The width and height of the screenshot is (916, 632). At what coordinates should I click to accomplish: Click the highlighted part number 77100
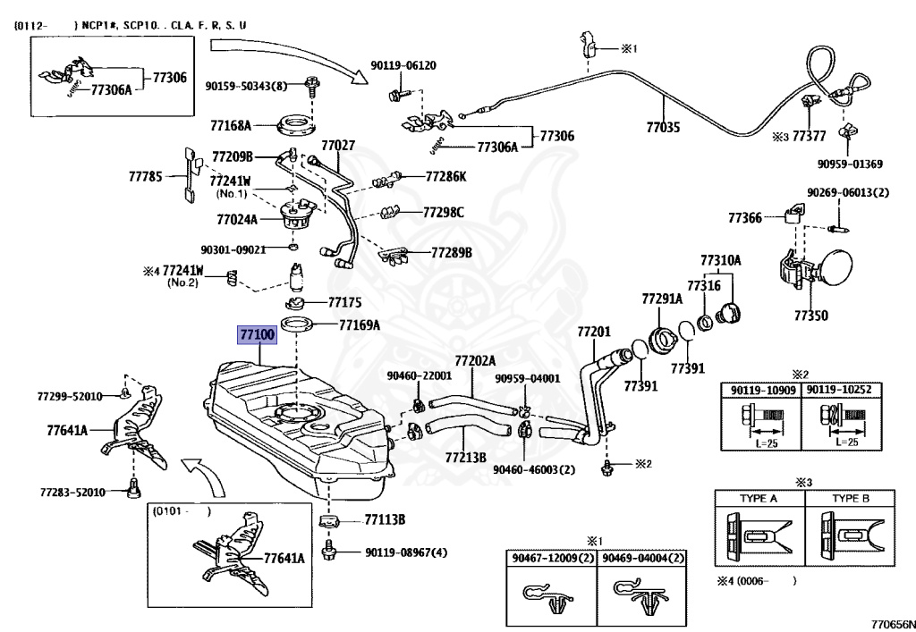[x=257, y=335]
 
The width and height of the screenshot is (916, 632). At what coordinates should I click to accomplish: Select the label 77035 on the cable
[x=663, y=127]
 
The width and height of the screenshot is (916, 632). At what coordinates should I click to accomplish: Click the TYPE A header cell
[x=759, y=499]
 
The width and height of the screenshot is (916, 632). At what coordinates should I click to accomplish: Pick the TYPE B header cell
[x=850, y=499]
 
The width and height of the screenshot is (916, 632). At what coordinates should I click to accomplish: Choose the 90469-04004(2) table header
[x=642, y=558]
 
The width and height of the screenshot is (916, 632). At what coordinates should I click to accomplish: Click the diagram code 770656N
[x=893, y=624]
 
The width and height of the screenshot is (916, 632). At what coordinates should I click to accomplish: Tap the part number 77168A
[x=231, y=125]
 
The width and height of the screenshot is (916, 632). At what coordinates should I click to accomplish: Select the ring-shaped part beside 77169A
[x=297, y=324]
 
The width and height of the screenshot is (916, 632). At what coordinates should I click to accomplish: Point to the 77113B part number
[x=385, y=519]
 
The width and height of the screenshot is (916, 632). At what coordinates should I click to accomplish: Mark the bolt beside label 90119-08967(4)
[x=329, y=551]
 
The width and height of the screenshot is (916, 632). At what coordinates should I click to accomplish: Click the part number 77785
[x=146, y=175]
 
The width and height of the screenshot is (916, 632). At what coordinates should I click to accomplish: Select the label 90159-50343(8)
[x=246, y=87]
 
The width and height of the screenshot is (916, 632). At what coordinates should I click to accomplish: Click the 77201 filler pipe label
[x=594, y=332]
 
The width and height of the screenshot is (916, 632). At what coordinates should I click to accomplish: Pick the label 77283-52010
[x=73, y=492]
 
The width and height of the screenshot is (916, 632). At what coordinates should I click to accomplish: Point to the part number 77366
[x=745, y=218]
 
